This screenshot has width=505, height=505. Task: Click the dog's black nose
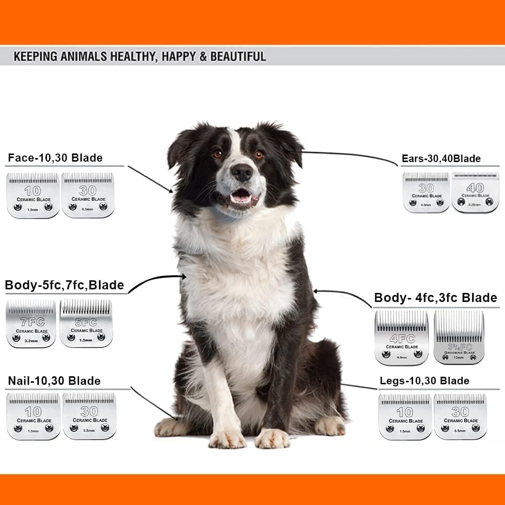pos(242,173)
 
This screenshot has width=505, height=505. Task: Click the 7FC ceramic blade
pos(31,323)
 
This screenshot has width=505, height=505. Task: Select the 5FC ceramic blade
pos(86,323)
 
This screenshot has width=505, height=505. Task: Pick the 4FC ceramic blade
pos(401,337)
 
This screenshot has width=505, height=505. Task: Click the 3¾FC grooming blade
pos(459,337)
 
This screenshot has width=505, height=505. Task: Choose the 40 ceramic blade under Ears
pos(475,192)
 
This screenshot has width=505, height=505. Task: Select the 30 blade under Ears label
pos(426,192)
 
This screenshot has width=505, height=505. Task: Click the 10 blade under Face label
pos(33,195)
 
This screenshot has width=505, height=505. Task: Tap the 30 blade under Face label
pos(88,195)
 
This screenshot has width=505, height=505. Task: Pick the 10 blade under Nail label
pos(33,416)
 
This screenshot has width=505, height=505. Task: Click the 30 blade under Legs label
pos(460,416)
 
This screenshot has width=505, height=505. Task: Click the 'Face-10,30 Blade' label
pos(55,158)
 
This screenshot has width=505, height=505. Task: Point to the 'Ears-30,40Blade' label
pos(441,159)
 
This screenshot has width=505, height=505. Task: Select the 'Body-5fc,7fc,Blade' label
pos(64,285)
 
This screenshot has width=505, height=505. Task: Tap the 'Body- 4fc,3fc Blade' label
pos(435,298)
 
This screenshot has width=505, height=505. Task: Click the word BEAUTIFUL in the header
pos(238,56)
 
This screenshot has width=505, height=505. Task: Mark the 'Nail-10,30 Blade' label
pos(54,381)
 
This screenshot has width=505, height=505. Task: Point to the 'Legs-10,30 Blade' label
pos(424,381)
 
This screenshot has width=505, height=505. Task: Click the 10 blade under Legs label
pos(405,416)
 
